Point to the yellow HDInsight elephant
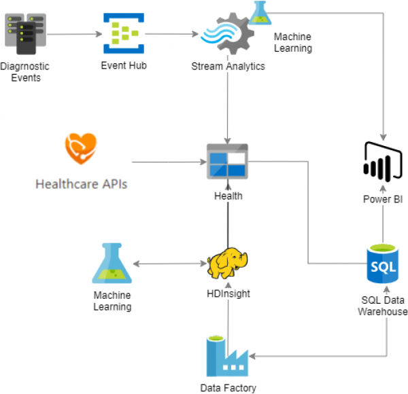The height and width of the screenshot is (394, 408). tap(228, 264)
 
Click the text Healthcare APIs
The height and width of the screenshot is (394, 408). tap(81, 184)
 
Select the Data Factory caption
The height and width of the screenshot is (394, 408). tap(228, 388)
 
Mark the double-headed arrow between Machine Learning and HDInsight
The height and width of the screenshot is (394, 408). tap(171, 264)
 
